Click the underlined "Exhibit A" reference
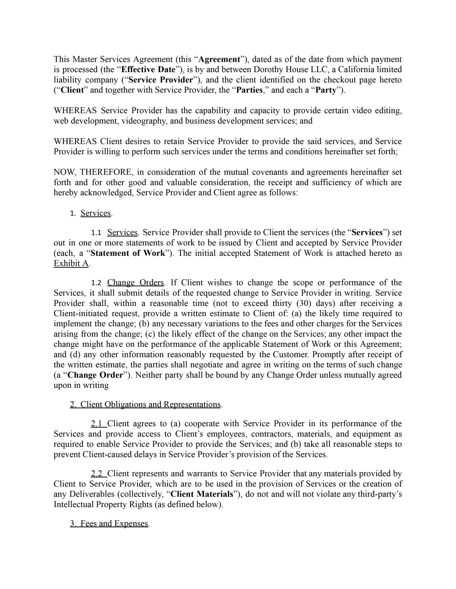click(x=71, y=263)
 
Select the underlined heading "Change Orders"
click(x=135, y=283)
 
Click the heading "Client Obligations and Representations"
click(x=150, y=405)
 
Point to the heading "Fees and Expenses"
click(x=114, y=524)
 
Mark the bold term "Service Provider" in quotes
click(x=161, y=80)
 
